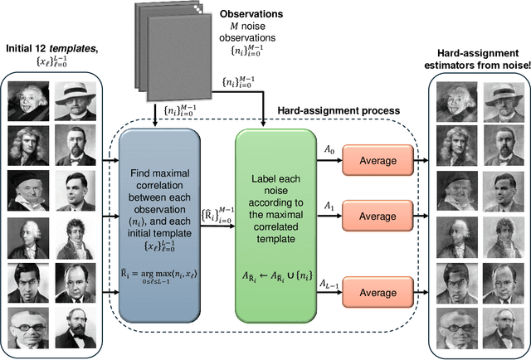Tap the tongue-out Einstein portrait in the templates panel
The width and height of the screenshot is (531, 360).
(28, 103)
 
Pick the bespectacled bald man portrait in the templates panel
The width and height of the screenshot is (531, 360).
(28, 330)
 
